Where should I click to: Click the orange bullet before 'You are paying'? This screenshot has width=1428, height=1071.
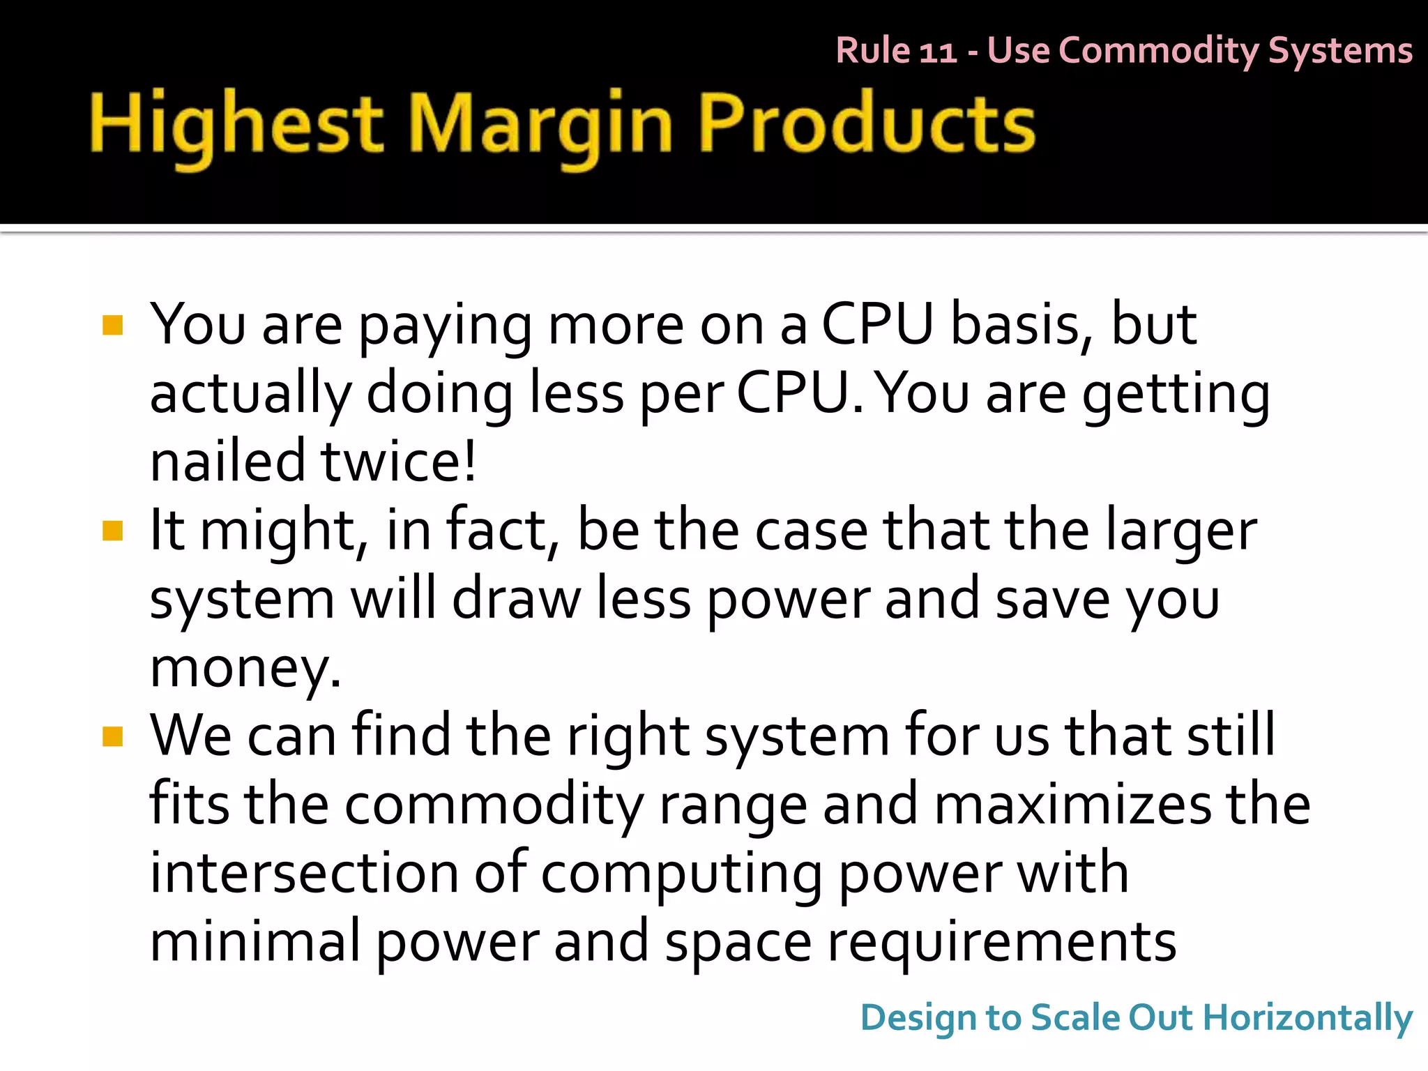coord(112,326)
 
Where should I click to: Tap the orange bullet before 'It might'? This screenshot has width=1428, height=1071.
coord(112,531)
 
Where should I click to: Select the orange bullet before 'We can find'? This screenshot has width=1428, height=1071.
coord(112,736)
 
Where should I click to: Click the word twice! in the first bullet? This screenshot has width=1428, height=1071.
coord(399,461)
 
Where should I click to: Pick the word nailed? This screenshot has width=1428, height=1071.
coord(227,461)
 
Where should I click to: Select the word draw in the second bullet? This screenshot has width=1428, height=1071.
coord(516,598)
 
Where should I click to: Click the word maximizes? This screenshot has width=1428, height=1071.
coord(1072,804)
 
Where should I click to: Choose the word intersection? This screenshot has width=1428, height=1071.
coord(304,872)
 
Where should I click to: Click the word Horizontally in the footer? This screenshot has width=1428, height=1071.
coord(1307,1018)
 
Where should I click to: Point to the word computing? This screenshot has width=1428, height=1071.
coord(681,872)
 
